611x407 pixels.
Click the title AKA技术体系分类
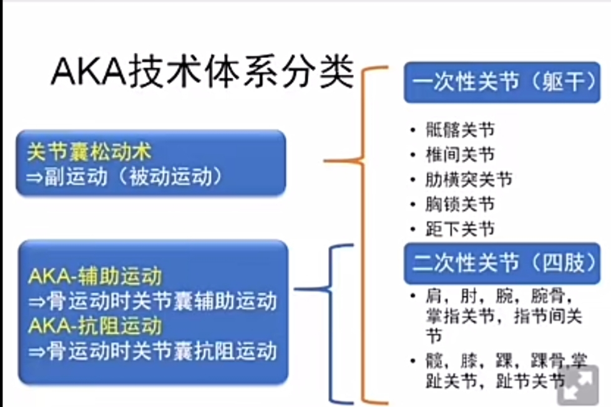(x=202, y=74)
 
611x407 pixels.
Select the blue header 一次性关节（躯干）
(x=502, y=82)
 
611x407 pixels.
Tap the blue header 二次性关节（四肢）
(x=502, y=263)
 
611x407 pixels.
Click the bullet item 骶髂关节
(x=460, y=130)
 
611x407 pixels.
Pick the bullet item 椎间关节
(x=460, y=155)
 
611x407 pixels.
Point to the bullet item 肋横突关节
(x=469, y=180)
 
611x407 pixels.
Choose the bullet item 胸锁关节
(x=460, y=204)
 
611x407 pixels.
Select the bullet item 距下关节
(x=460, y=229)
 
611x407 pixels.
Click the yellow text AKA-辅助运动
(x=95, y=275)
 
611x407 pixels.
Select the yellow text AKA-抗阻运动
(x=95, y=326)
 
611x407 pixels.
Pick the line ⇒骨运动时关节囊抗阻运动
(x=152, y=351)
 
